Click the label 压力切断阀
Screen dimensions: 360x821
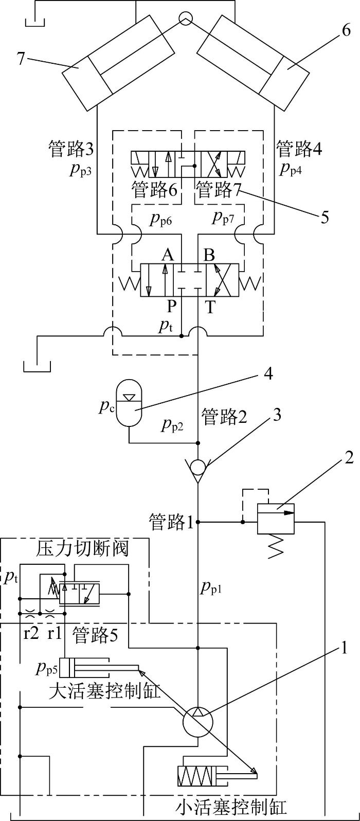(x=82, y=548)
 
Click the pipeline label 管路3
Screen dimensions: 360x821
(x=71, y=149)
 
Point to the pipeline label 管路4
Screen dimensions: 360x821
(x=299, y=149)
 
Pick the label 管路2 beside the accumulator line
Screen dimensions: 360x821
(x=224, y=417)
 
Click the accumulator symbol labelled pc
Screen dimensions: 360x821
(x=129, y=403)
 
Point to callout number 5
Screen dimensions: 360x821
(x=324, y=217)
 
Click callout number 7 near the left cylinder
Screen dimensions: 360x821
(x=22, y=58)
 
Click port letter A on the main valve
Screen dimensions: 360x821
(x=168, y=254)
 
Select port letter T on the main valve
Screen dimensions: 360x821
(x=210, y=307)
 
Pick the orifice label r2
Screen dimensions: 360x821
(x=31, y=633)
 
